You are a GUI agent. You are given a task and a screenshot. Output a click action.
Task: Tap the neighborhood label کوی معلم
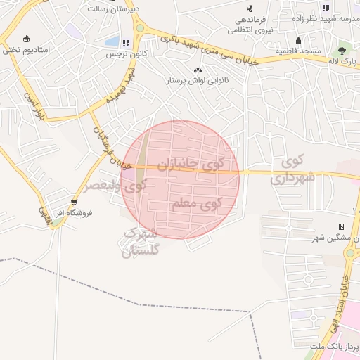pos(196,205)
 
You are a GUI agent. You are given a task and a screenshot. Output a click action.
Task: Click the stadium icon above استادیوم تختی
pos(26,39)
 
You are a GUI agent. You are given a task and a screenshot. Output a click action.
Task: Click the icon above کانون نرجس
pos(125,43)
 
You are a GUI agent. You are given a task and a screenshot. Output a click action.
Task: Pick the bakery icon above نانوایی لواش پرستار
pos(198,70)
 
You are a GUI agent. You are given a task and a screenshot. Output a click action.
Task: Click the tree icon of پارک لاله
pos(342,51)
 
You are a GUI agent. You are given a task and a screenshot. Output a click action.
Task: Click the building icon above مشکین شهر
pos(341,226)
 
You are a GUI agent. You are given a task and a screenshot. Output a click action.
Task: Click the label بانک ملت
pos(338,347)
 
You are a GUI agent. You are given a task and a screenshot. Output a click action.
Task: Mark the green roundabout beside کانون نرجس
pos(140,28)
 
